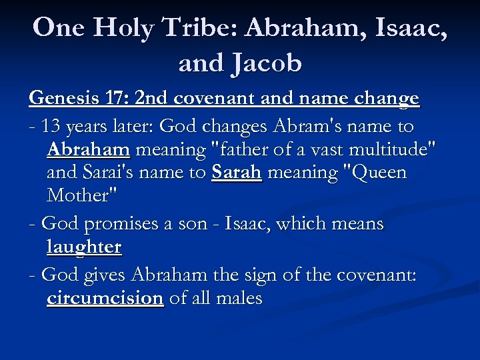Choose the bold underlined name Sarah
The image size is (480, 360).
coord(237,173)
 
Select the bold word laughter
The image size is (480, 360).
coord(84,247)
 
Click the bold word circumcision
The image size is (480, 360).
coord(105,298)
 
